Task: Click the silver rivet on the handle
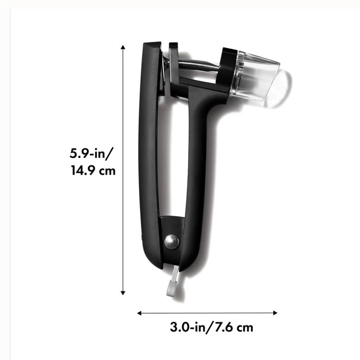pyautogui.click(x=172, y=242)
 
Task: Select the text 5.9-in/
pyautogui.click(x=91, y=153)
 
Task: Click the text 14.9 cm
pyautogui.click(x=93, y=171)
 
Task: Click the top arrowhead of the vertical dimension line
pyautogui.click(x=123, y=47)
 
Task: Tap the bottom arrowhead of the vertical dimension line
pyautogui.click(x=123, y=293)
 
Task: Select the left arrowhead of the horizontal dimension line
pyautogui.click(x=139, y=313)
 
